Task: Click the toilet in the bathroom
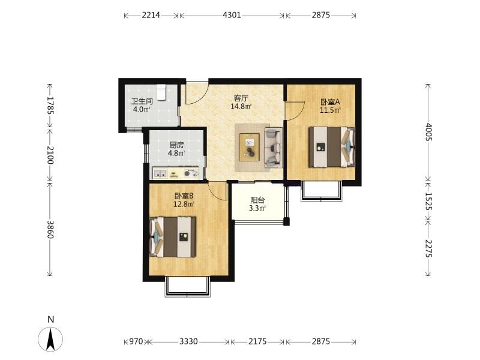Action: (x=161, y=92)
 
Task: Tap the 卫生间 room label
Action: (x=142, y=101)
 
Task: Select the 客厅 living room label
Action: (x=241, y=98)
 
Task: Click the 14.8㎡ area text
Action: (x=241, y=107)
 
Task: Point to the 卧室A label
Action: (x=330, y=102)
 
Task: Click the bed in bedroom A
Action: (x=332, y=147)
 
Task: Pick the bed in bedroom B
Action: (x=173, y=237)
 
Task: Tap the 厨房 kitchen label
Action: (x=176, y=145)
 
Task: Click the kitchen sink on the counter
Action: (x=160, y=174)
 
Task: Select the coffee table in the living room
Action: (x=250, y=147)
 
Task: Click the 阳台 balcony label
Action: (x=257, y=200)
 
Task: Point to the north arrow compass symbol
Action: (x=50, y=339)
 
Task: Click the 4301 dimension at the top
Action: (x=232, y=15)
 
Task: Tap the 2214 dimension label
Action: (x=151, y=15)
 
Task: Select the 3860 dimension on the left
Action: (x=50, y=230)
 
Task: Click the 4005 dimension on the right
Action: (x=428, y=131)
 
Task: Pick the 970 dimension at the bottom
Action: (x=136, y=341)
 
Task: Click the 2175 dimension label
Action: (x=257, y=341)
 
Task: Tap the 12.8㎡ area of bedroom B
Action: (x=184, y=203)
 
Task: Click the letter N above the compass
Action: (x=51, y=319)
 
